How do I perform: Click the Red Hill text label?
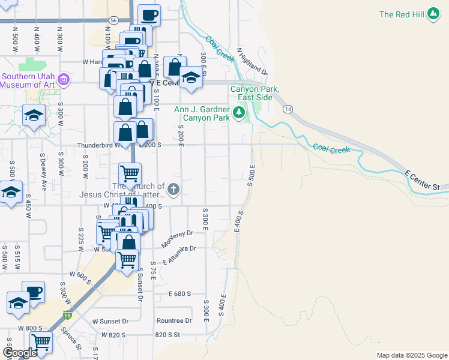[403, 14]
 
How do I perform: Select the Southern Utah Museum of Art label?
[28, 80]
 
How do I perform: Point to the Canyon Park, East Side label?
[255, 93]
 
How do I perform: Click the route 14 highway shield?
[289, 109]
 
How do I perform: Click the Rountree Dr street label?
[173, 321]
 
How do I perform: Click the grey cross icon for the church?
[173, 190]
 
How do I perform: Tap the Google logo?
[20, 353]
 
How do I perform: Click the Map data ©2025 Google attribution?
[411, 355]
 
